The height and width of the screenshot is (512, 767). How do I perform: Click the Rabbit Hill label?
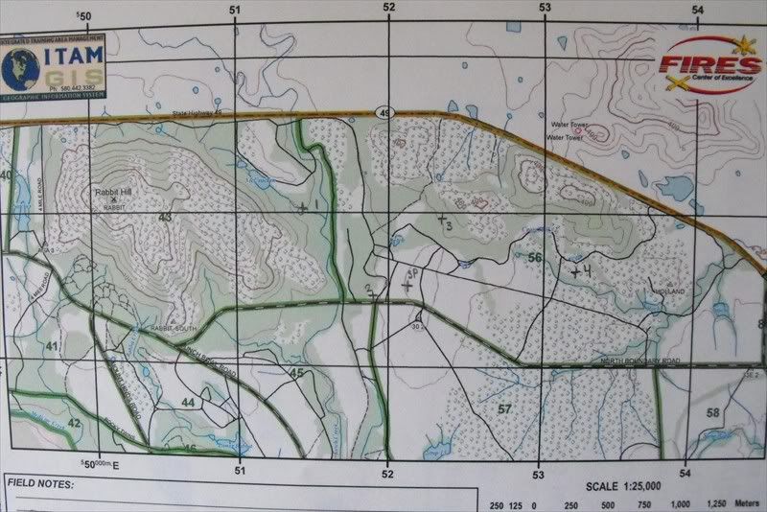pos(113,192)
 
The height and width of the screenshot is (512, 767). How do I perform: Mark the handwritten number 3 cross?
pos(444,221)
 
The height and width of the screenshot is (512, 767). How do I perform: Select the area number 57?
pos(504,409)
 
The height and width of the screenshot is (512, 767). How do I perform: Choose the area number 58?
pos(713,413)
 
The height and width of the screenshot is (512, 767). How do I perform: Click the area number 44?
pos(189,403)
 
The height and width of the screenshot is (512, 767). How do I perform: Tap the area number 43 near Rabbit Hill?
pos(165,218)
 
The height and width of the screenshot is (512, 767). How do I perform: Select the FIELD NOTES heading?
pos(39,486)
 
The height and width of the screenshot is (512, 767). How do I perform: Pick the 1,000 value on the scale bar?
pos(681,504)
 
